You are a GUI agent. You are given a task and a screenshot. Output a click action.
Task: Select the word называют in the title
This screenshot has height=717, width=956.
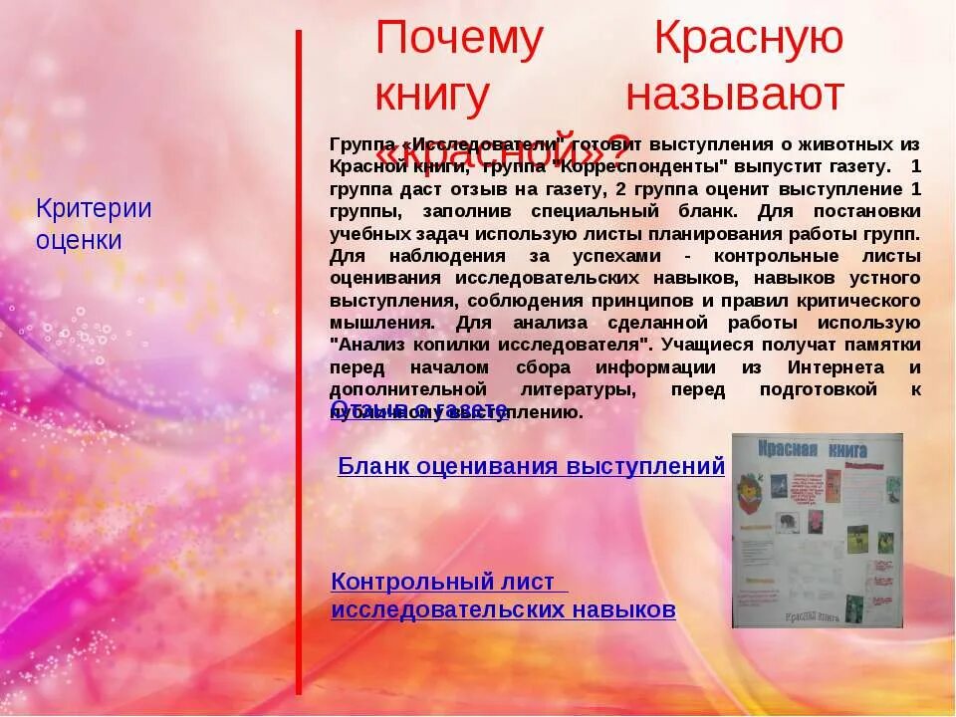(x=735, y=96)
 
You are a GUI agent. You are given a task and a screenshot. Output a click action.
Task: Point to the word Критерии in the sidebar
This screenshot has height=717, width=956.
(x=94, y=209)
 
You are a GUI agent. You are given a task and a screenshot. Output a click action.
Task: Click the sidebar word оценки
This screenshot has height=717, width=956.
(x=79, y=240)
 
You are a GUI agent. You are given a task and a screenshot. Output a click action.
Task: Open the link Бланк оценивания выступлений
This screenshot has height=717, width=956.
(x=531, y=465)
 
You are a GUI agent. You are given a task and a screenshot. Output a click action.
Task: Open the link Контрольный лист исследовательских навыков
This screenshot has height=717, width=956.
(x=503, y=596)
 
